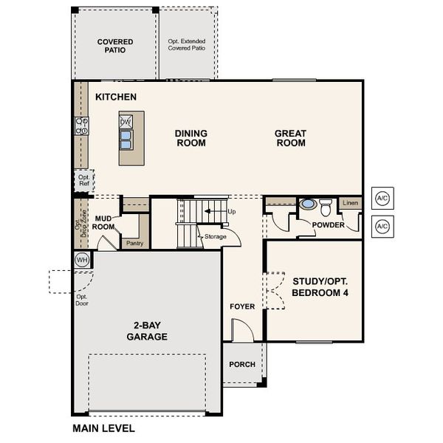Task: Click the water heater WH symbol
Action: pos(82,260)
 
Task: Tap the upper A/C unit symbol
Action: pos(382,198)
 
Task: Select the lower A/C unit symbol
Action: pos(382,227)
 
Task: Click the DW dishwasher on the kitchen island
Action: pos(126,122)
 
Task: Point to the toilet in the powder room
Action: pos(326,207)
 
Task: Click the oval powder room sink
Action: pos(308,204)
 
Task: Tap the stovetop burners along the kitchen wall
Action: pos(82,126)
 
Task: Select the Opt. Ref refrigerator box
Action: pos(84,180)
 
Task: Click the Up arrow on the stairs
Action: pos(216,211)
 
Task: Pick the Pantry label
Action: pos(135,243)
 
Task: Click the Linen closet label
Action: pos(350,202)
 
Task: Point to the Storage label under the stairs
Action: pos(216,236)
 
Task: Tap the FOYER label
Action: pos(242,306)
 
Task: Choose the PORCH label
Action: pos(242,365)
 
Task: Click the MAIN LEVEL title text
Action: pos(103,428)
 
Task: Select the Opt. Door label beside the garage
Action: pos(82,300)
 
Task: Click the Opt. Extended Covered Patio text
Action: pos(187,44)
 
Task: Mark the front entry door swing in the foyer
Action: pos(242,330)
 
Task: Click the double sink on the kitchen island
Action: pos(126,140)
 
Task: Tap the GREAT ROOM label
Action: pos(291,138)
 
